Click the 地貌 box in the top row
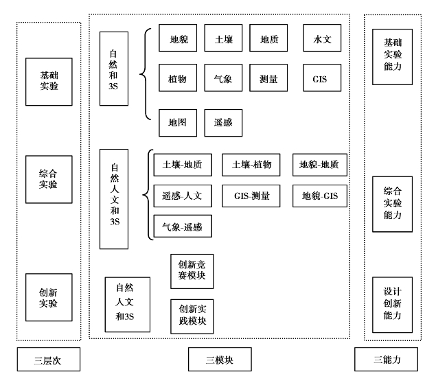tap(178, 38)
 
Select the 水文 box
tap(322, 38)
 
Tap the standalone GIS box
tap(322, 78)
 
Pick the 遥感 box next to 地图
tap(223, 123)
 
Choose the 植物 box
tap(178, 78)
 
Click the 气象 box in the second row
tap(223, 78)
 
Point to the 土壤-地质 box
tap(183, 165)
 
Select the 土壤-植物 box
tap(251, 165)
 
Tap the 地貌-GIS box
tap(320, 196)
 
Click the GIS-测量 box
tap(251, 196)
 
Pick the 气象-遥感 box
tap(183, 226)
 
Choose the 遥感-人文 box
tap(183, 196)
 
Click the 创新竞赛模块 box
tap(192, 271)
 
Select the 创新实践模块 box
tap(192, 316)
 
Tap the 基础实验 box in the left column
tap(49, 82)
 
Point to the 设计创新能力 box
tap(392, 305)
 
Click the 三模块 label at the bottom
tap(220, 359)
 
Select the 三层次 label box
tap(49, 359)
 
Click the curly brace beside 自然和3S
tap(141, 74)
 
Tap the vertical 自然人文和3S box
tap(114, 199)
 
